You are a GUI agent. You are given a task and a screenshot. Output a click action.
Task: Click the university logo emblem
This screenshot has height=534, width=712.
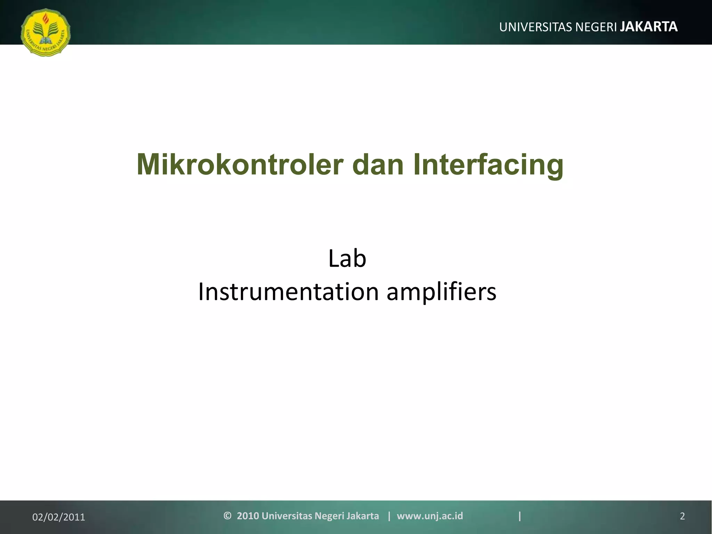[46, 32]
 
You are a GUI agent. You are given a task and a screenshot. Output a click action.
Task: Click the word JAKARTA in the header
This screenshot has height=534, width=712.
[649, 27]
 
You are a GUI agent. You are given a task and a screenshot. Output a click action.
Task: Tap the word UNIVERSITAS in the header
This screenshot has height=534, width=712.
[536, 27]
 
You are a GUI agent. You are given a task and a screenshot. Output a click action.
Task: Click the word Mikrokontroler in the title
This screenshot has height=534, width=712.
[240, 165]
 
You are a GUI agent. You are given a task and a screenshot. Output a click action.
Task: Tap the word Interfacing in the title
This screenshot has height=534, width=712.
[488, 165]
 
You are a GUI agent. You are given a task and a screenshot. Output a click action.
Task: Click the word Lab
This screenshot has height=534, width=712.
[347, 259]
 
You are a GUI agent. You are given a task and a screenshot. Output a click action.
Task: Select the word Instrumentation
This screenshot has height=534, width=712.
[288, 292]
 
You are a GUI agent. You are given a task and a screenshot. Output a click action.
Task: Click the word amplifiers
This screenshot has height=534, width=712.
[442, 292]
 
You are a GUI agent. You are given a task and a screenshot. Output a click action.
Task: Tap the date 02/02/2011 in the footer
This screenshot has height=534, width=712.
[58, 517]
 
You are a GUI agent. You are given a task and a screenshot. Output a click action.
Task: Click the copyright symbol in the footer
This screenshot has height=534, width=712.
[227, 516]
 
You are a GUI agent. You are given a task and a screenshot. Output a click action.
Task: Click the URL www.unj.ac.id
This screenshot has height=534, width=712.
[430, 516]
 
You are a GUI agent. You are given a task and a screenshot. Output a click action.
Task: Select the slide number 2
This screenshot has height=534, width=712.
[682, 516]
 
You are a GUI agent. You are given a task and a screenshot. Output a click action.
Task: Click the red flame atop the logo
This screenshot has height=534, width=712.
[46, 18]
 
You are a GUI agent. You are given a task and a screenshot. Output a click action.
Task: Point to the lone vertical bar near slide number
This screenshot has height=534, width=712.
[520, 516]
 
